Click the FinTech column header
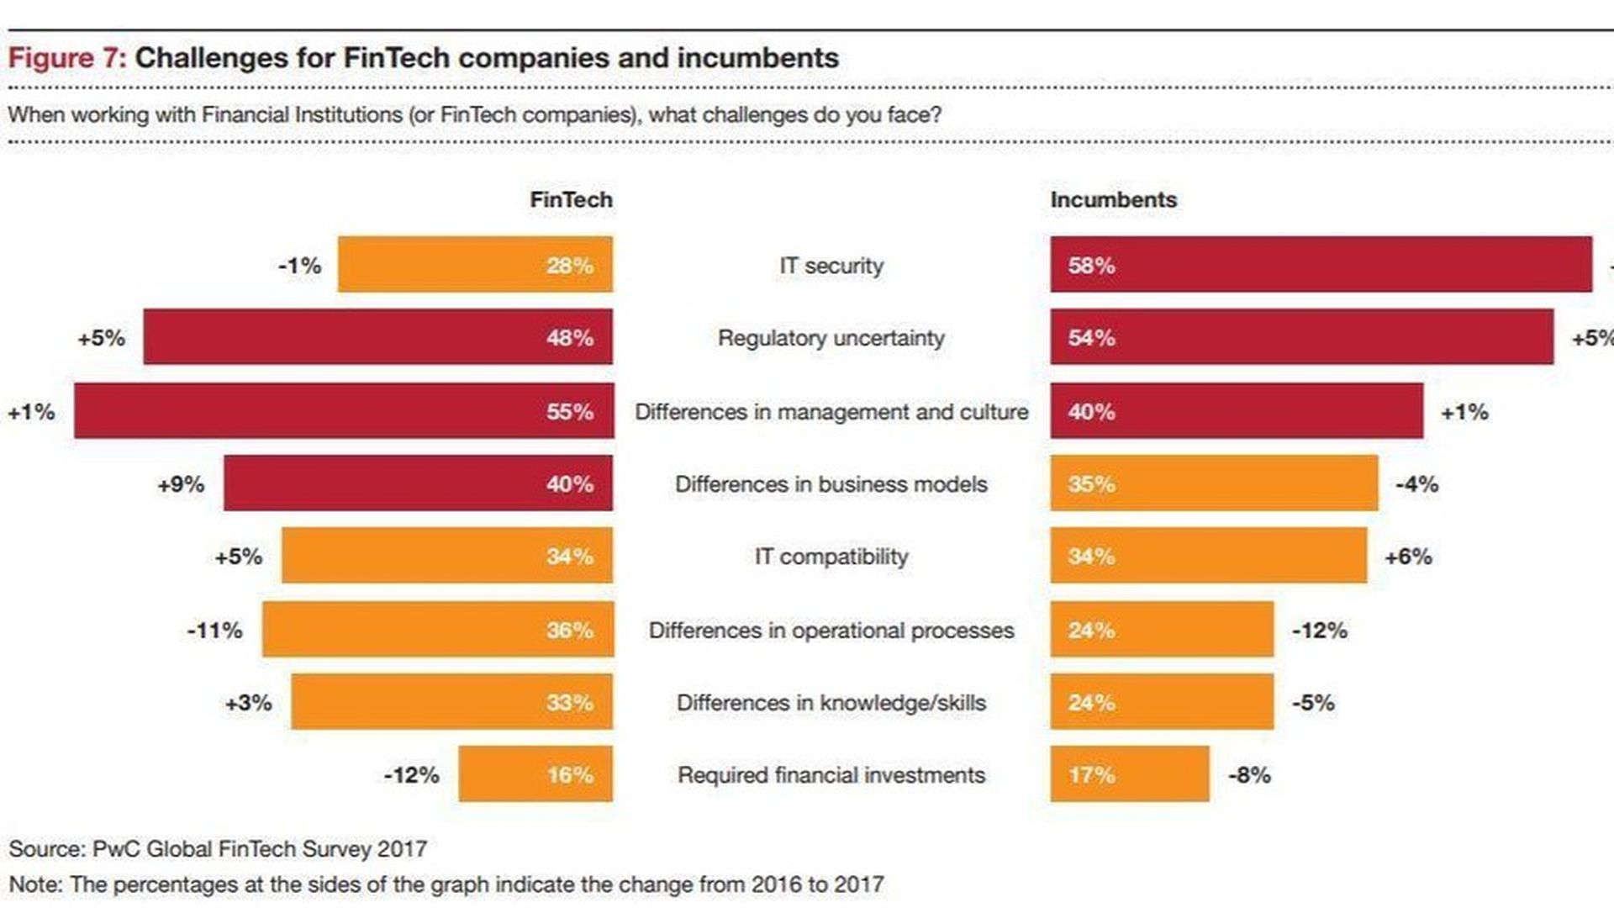click(x=571, y=199)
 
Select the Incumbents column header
click(x=1113, y=199)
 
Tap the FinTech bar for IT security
click(x=475, y=265)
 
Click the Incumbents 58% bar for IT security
click(x=1321, y=265)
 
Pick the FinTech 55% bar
click(x=344, y=411)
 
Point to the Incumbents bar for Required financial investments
click(x=1129, y=774)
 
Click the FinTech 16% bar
click(x=535, y=774)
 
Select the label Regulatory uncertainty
click(x=831, y=338)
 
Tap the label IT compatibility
click(x=831, y=557)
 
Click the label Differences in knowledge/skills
click(x=831, y=703)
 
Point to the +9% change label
click(x=181, y=484)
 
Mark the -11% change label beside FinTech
click(x=214, y=630)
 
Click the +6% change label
click(x=1408, y=557)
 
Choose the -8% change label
click(x=1249, y=774)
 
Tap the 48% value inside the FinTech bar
click(x=570, y=338)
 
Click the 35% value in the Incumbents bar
click(x=1091, y=484)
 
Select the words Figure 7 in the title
click(x=66, y=58)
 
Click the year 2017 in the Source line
click(x=402, y=849)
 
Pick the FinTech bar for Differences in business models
click(x=418, y=483)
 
